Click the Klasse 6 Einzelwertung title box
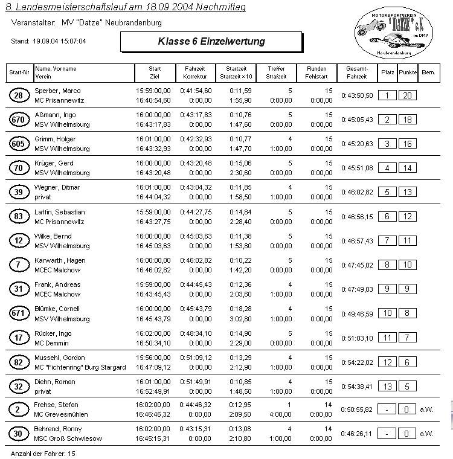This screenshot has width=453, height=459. [211, 42]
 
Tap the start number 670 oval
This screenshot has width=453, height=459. [18, 120]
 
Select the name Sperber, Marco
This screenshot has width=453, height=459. [57, 91]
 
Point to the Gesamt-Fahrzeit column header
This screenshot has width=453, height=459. [356, 73]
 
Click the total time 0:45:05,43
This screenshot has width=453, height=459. [358, 120]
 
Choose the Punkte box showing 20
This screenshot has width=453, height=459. [408, 95]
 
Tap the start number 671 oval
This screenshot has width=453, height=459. [18, 313]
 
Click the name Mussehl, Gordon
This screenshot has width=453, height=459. [60, 358]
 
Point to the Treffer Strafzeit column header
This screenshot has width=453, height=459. [275, 73]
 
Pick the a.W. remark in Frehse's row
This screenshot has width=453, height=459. [426, 410]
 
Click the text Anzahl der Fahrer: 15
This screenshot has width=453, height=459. [43, 452]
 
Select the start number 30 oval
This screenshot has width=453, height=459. [18, 434]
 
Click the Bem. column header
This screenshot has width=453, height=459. [428, 73]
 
